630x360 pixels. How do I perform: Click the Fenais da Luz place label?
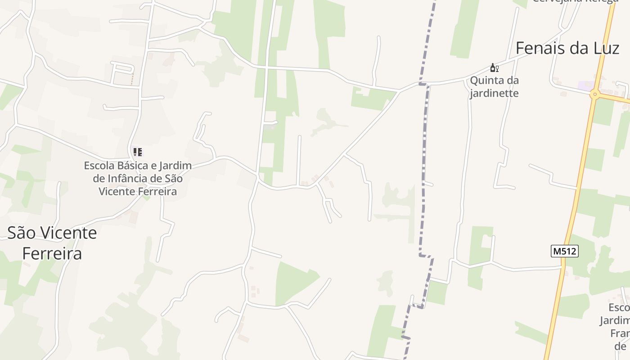567,48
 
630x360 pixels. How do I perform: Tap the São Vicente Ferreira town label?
52,243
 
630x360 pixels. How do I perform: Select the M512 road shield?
564,251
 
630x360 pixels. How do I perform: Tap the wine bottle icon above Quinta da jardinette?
494,68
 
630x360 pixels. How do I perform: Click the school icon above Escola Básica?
138,152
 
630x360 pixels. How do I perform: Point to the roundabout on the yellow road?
595,94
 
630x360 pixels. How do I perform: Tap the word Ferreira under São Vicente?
52,253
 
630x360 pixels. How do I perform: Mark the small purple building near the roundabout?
585,85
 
